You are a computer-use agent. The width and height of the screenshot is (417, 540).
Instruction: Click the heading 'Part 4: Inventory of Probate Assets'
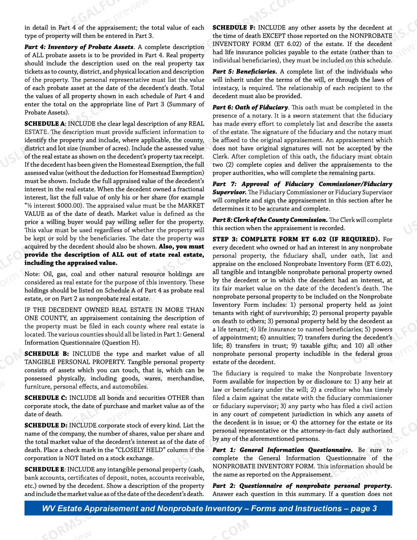(x=79, y=47)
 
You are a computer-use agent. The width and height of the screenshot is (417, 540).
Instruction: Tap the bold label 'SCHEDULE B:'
(x=46, y=354)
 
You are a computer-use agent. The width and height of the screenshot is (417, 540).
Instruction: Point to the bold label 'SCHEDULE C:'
(x=46, y=398)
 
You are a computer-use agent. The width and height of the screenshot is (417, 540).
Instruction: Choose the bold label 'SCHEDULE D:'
(x=46, y=425)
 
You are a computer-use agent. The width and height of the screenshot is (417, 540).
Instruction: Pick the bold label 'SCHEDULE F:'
(x=234, y=28)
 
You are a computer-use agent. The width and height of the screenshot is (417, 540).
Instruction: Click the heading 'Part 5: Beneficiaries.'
(x=245, y=72)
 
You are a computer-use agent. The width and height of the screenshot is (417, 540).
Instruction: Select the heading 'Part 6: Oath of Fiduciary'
(x=250, y=107)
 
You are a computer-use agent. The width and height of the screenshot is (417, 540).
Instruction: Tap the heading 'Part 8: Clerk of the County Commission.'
(x=270, y=220)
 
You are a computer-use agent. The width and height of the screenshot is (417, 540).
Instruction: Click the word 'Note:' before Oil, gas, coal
(x=32, y=274)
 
